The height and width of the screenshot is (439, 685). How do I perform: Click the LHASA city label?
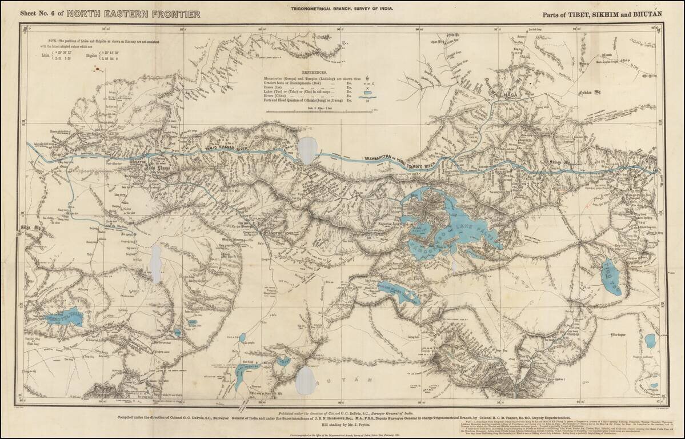pyautogui.click(x=507, y=96)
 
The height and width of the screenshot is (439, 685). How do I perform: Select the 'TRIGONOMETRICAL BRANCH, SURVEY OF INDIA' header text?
pyautogui.click(x=342, y=5)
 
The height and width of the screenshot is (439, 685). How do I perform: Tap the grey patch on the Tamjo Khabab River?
pyautogui.click(x=307, y=150)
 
